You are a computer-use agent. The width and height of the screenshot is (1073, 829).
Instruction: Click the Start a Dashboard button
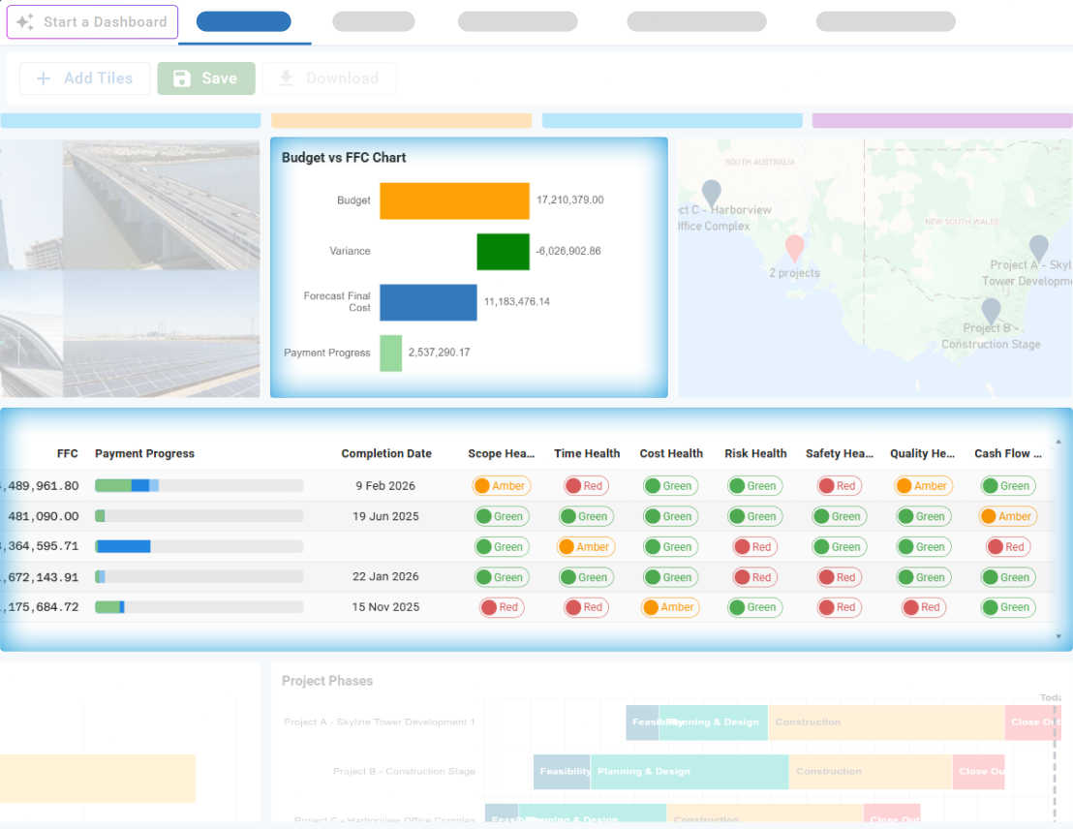[x=93, y=22]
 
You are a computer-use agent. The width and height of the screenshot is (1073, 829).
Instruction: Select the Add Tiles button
[x=85, y=78]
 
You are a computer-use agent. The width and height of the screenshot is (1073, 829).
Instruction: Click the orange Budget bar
[x=454, y=200]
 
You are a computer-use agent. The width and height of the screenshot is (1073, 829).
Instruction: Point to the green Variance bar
[x=503, y=251]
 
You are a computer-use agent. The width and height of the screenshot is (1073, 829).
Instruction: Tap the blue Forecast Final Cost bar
[x=428, y=302]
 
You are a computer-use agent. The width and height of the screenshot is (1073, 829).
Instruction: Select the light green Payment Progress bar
[x=390, y=353]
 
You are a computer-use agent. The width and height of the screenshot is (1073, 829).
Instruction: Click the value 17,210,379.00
[x=569, y=200]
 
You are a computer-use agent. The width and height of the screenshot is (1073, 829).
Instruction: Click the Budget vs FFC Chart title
[x=344, y=158]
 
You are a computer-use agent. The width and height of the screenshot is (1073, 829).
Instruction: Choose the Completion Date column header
[x=386, y=453]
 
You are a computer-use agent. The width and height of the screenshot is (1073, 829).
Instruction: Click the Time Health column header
[x=587, y=453]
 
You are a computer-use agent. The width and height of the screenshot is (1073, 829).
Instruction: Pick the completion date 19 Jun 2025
[x=386, y=516]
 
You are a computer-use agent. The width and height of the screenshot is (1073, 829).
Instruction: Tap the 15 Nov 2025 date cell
[x=386, y=607]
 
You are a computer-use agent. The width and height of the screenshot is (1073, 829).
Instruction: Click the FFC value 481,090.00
[x=44, y=516]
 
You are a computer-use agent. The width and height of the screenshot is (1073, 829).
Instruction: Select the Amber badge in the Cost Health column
[x=670, y=607]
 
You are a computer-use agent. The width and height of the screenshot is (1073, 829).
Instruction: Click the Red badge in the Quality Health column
[x=923, y=607]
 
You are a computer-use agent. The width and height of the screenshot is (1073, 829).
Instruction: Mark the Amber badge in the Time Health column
[x=586, y=547]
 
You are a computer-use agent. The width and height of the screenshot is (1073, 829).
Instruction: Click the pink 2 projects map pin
[x=794, y=248]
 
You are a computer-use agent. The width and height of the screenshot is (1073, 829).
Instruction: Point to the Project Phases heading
[x=327, y=681]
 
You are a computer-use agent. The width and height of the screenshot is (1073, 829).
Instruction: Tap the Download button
[x=329, y=78]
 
